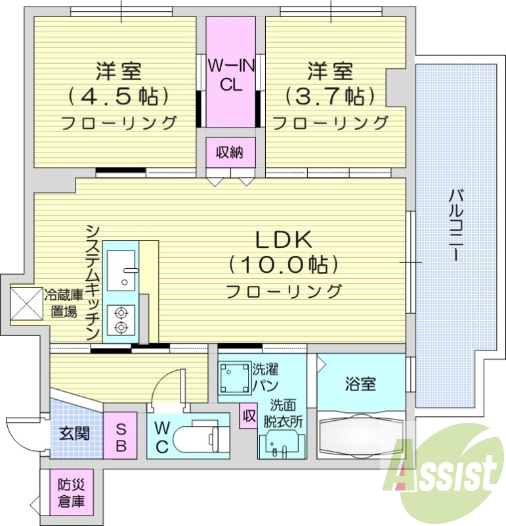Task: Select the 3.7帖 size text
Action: pos(330,96)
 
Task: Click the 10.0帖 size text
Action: pos(284,264)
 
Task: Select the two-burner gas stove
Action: pos(120,320)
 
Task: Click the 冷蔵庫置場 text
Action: pos(64,303)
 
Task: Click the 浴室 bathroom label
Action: pos(360,384)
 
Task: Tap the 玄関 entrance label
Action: pos(74,434)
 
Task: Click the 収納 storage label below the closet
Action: pos(230,153)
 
